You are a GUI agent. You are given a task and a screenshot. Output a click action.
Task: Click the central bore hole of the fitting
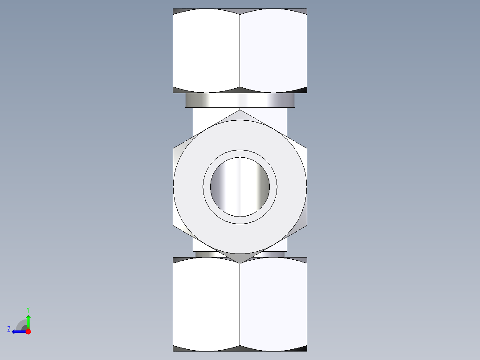coord(240,187)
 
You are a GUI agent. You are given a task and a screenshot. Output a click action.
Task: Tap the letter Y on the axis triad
coord(28,309)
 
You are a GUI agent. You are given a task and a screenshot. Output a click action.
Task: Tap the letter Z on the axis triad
coord(9,329)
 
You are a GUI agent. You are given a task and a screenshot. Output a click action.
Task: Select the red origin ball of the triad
coord(28,331)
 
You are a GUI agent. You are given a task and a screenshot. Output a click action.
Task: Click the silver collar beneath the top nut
coord(240,100)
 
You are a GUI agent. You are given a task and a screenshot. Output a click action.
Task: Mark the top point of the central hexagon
coord(240,110)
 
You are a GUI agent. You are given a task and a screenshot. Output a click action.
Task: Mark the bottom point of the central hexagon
coord(240,263)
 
